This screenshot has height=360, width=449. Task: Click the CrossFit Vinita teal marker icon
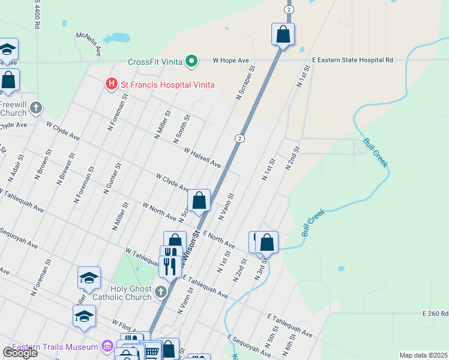(191, 61)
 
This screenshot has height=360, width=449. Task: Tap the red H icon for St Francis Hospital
(111, 85)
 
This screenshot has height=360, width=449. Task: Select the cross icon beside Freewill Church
(36, 108)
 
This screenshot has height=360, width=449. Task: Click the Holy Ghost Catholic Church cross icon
(160, 292)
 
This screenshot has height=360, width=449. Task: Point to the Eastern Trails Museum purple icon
(107, 346)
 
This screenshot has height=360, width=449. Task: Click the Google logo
(20, 353)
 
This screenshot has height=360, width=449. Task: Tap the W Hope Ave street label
(231, 61)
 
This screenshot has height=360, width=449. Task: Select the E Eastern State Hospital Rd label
(352, 61)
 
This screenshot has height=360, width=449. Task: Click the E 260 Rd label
(435, 313)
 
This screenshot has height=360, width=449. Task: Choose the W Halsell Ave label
(202, 158)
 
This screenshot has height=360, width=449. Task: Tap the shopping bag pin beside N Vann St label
(199, 200)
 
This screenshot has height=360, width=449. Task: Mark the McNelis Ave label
(88, 43)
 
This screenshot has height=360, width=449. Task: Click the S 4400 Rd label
(37, 14)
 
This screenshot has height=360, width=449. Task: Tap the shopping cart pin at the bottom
(152, 352)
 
